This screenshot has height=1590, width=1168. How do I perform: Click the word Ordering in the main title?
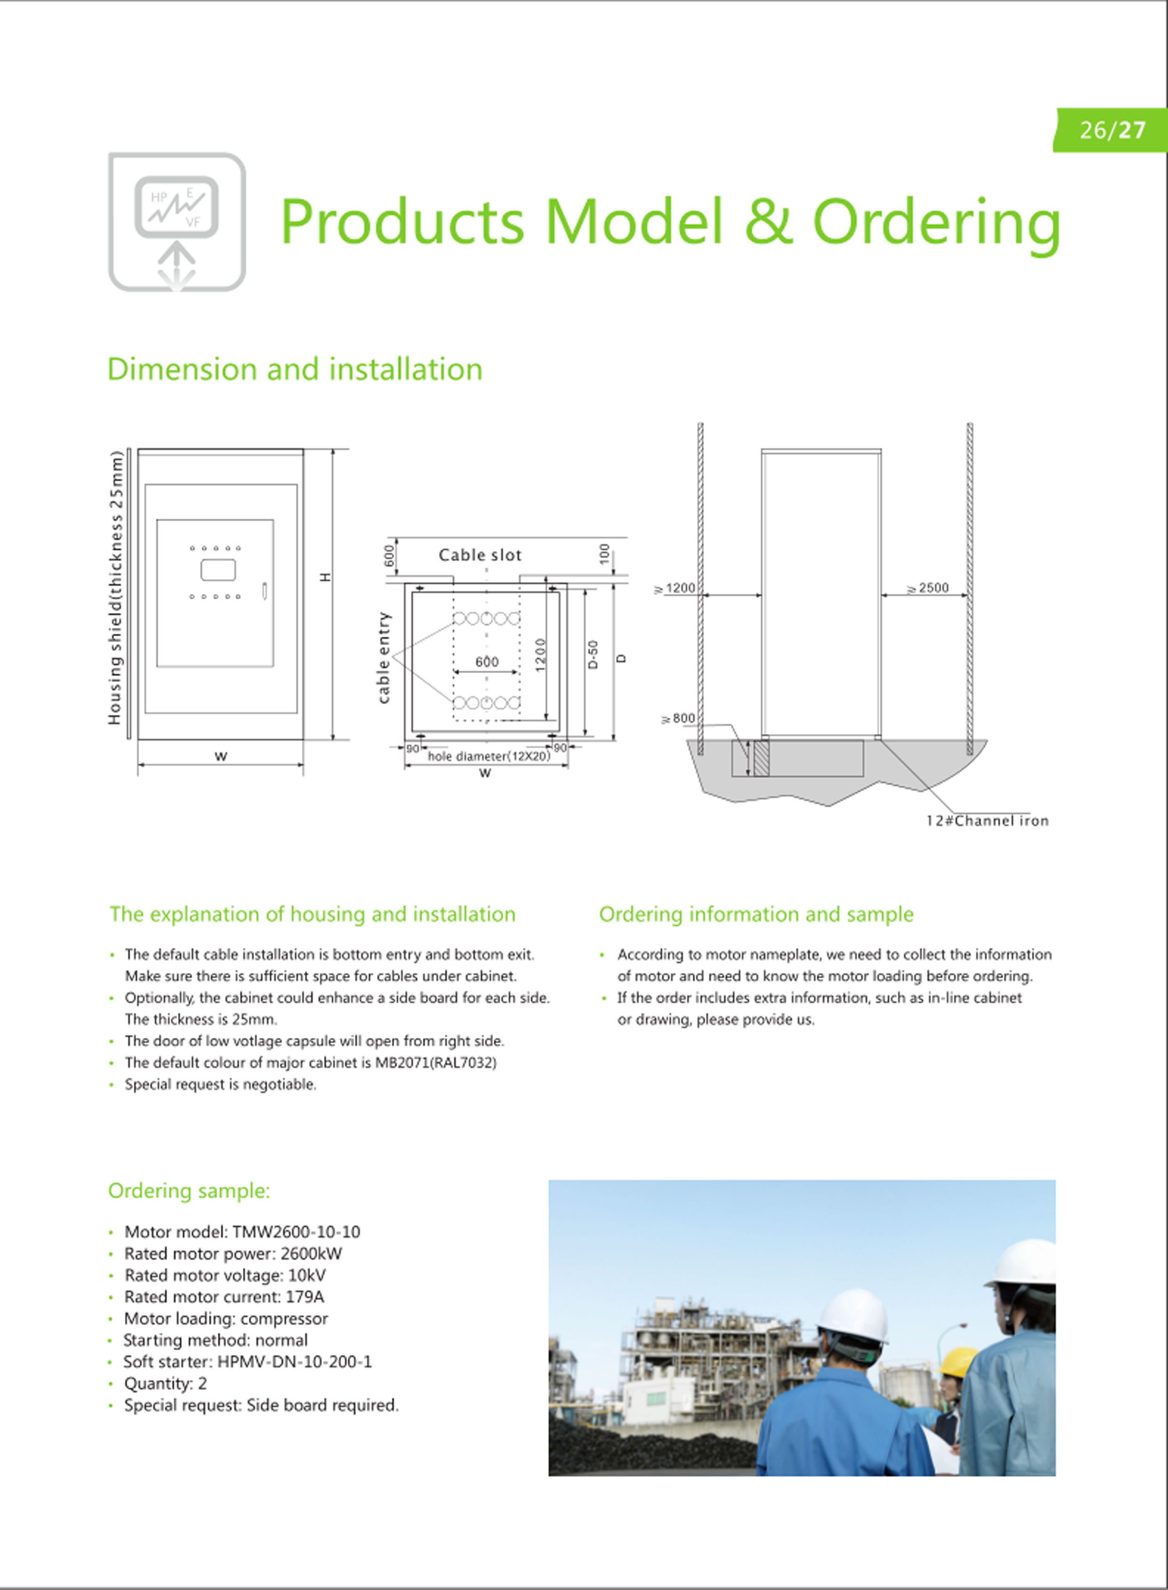point(936,221)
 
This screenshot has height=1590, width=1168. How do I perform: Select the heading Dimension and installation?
point(295,370)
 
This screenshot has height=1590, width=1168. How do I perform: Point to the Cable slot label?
point(479,555)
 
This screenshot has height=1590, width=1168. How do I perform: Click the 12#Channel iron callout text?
point(987,821)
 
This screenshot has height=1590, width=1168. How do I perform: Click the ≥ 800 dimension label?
point(678,718)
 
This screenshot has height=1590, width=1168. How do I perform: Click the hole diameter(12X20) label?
point(488,756)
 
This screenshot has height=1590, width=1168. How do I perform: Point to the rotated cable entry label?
point(384,657)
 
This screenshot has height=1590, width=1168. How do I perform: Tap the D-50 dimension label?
point(593,654)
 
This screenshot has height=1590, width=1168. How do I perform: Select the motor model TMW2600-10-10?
point(296,1232)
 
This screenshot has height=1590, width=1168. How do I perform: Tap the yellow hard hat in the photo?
point(957,1360)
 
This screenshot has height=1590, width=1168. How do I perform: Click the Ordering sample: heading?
point(189,1191)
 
